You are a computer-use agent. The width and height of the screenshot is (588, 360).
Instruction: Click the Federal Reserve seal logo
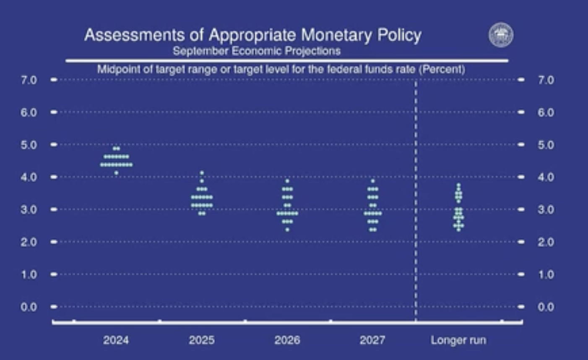[501, 35]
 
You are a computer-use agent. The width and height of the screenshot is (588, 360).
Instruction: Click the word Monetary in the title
[336, 35]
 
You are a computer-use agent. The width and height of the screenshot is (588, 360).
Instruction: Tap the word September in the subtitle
[200, 51]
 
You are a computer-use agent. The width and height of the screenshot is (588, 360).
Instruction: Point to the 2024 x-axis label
[116, 340]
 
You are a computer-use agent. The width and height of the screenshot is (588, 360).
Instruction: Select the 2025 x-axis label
[202, 340]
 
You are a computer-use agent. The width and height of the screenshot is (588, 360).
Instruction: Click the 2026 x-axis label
[287, 340]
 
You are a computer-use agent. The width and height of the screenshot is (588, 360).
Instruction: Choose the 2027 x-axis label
[372, 340]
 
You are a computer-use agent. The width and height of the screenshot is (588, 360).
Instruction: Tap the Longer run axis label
[458, 340]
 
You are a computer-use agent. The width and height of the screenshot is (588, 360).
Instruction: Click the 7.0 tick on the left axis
[29, 80]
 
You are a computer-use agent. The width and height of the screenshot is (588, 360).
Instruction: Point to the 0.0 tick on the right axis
[546, 307]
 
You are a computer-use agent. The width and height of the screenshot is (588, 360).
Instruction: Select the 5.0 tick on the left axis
[29, 145]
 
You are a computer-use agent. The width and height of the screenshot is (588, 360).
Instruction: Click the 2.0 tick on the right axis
[546, 242]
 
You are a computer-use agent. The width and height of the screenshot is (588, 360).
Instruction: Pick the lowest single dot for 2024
[117, 173]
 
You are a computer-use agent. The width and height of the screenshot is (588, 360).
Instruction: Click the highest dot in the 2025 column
[202, 173]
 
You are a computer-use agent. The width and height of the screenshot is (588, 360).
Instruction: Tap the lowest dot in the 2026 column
[287, 230]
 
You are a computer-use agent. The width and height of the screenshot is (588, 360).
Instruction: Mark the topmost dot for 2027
[373, 181]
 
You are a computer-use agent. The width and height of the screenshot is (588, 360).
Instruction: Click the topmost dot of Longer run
[458, 185]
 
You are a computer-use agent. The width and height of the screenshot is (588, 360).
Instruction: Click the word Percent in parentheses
[442, 70]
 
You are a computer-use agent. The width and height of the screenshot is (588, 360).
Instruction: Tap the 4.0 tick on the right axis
[546, 177]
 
